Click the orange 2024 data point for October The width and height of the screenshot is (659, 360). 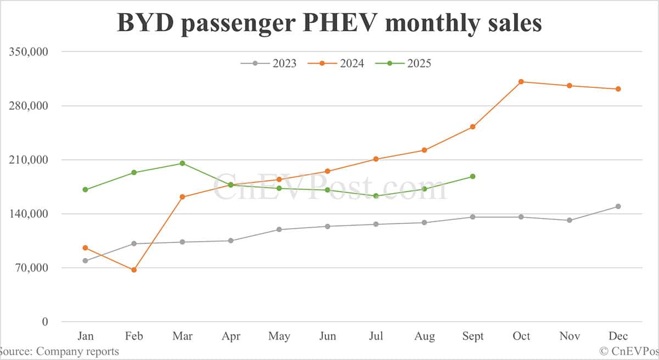click(x=521, y=82)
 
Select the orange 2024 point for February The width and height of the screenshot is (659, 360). click(x=133, y=269)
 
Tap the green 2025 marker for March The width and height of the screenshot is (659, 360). click(x=182, y=163)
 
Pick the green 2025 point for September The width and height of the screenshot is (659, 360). click(x=472, y=176)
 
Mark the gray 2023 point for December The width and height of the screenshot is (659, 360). click(x=618, y=206)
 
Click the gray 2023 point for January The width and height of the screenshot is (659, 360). click(x=85, y=261)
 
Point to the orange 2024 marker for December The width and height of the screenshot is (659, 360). click(x=618, y=89)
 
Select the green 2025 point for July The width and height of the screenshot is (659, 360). click(x=376, y=196)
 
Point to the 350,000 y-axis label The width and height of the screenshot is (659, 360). click(x=29, y=52)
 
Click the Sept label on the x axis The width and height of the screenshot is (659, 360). click(x=472, y=336)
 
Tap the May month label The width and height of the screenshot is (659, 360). click(x=279, y=336)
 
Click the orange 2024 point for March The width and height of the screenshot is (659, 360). click(x=182, y=197)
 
